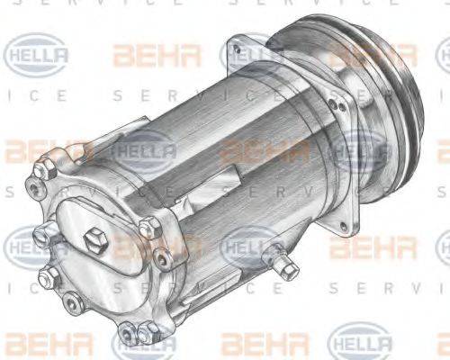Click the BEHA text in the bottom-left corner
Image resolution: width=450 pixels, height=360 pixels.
[36, 343]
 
